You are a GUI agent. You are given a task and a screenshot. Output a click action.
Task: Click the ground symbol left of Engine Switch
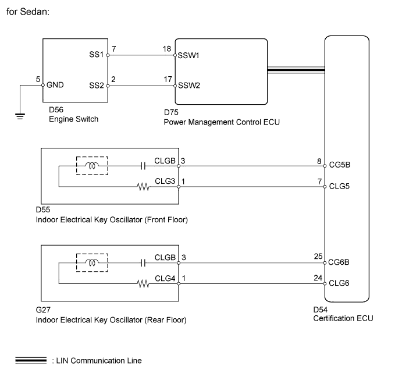[x=20, y=115]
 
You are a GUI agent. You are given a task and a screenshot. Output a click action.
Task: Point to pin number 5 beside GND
[x=38, y=79]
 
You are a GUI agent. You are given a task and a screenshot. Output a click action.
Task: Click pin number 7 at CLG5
[x=319, y=182]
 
